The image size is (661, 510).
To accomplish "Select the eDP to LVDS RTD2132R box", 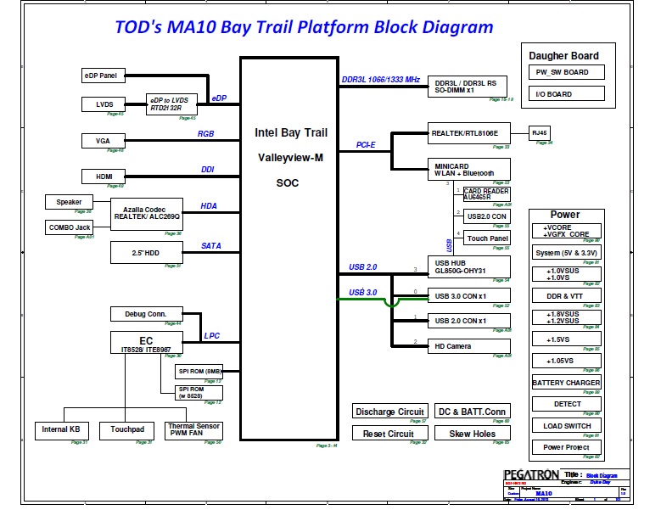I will point(171,104).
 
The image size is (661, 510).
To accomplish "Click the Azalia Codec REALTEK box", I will point(148,212).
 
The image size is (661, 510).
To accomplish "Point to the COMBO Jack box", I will point(70,227).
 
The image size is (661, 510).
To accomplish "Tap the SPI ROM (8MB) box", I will point(199,371).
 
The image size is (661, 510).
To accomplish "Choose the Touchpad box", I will point(127,430).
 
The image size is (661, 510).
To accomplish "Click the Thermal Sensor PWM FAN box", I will point(194,430).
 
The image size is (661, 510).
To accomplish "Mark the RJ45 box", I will point(541,133).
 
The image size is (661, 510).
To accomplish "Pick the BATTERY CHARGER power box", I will point(566,383).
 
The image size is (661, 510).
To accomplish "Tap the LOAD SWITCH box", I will point(566,425).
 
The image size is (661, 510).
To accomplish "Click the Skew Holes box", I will point(473,433).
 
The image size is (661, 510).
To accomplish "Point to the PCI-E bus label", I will point(367,144).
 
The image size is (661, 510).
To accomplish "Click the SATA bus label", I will point(211,246).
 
